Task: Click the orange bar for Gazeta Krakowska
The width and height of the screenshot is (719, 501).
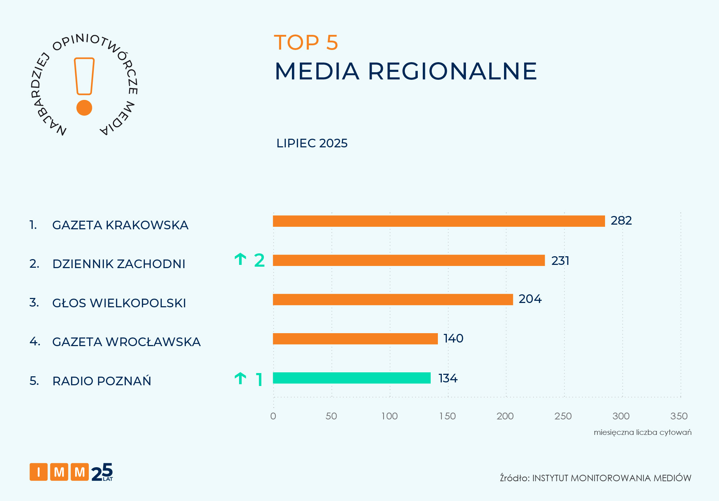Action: point(439,221)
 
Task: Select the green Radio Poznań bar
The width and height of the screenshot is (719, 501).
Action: point(352,378)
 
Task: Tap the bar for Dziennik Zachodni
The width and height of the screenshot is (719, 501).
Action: point(409,261)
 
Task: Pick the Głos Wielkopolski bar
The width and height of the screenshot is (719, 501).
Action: point(393,300)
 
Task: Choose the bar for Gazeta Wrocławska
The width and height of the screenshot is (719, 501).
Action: point(355,339)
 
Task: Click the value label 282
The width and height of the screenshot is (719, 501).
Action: point(621,221)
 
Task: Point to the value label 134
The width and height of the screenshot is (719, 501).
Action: point(448,378)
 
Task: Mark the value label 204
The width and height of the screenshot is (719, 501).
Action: point(530,299)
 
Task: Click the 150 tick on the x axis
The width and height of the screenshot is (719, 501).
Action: point(448,416)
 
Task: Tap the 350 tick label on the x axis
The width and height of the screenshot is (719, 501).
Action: point(679,416)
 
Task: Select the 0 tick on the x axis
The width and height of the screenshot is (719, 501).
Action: point(273,416)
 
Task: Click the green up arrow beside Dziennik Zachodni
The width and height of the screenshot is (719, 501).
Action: point(240,259)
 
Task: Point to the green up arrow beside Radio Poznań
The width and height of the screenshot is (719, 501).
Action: point(240,378)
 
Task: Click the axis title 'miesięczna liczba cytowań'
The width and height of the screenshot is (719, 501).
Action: point(642,432)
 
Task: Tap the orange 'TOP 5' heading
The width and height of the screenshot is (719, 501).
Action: point(306,42)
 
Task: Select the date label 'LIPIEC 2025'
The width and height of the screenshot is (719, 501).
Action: point(312,143)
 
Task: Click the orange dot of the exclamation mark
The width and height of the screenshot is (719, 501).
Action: point(84,108)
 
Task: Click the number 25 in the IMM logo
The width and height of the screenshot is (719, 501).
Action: point(102,472)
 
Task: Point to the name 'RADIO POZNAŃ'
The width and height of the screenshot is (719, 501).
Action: point(102,381)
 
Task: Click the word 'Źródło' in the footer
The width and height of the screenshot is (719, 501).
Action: point(514,478)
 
